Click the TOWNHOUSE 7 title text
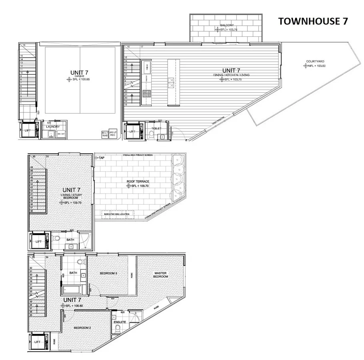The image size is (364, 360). tap(313, 21)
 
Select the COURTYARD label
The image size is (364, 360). tap(315, 61)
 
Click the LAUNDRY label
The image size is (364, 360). tap(53, 127)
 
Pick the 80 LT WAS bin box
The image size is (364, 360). tap(105, 134)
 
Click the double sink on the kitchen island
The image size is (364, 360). tap(171, 82)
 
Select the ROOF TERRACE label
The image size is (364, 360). tap(138, 181)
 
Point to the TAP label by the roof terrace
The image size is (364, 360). tap(102, 158)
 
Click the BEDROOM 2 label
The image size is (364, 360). tap(82, 328)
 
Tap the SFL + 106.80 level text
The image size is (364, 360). tap(74, 306)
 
